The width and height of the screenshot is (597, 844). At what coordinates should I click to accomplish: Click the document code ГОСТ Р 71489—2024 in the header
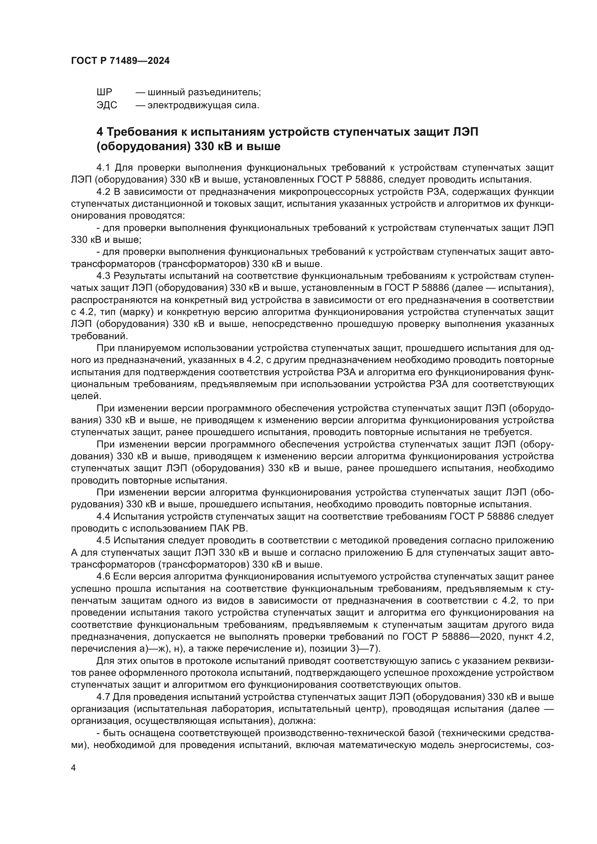(x=120, y=61)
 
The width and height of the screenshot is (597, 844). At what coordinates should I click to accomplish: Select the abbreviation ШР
(x=104, y=92)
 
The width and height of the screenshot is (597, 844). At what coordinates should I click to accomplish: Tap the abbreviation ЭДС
(x=106, y=105)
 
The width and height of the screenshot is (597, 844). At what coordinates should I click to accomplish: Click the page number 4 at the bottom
(x=73, y=768)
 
